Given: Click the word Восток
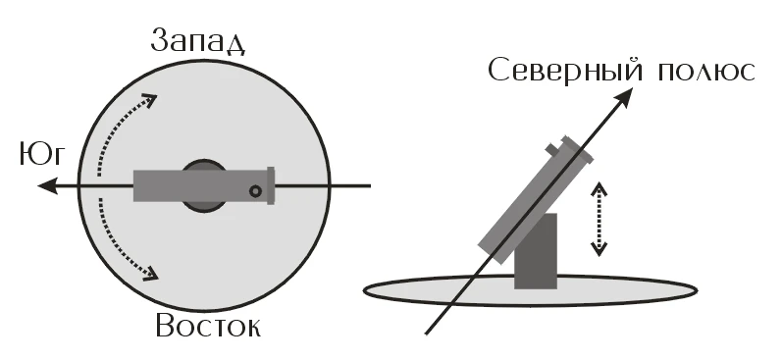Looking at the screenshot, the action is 207,326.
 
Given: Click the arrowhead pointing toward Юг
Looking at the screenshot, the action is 59,184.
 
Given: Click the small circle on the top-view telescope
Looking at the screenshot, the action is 255,191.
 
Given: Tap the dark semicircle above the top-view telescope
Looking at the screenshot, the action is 204,165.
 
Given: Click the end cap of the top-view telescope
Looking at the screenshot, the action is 270,185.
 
